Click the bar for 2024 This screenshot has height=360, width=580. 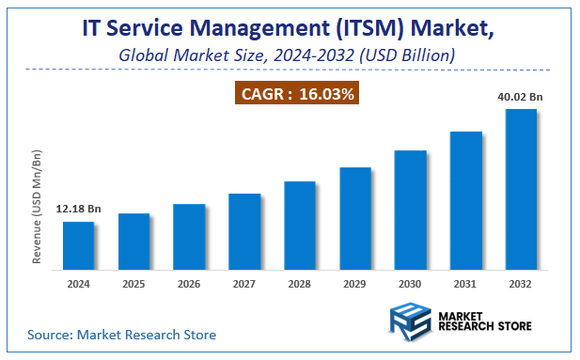(x=78, y=244)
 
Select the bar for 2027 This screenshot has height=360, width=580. (x=244, y=230)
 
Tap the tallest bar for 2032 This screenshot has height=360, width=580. (x=521, y=188)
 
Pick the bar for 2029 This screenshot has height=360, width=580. (x=355, y=217)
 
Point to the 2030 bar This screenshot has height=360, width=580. (x=410, y=209)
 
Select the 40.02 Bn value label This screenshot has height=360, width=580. (x=521, y=96)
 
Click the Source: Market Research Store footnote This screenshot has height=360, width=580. (x=121, y=335)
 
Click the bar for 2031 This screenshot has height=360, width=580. (x=465, y=199)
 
